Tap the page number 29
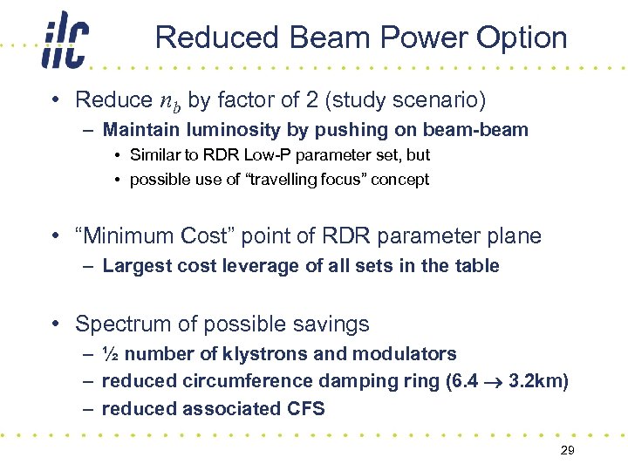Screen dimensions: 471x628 [x=567, y=449]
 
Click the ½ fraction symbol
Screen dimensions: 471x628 [x=110, y=354]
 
